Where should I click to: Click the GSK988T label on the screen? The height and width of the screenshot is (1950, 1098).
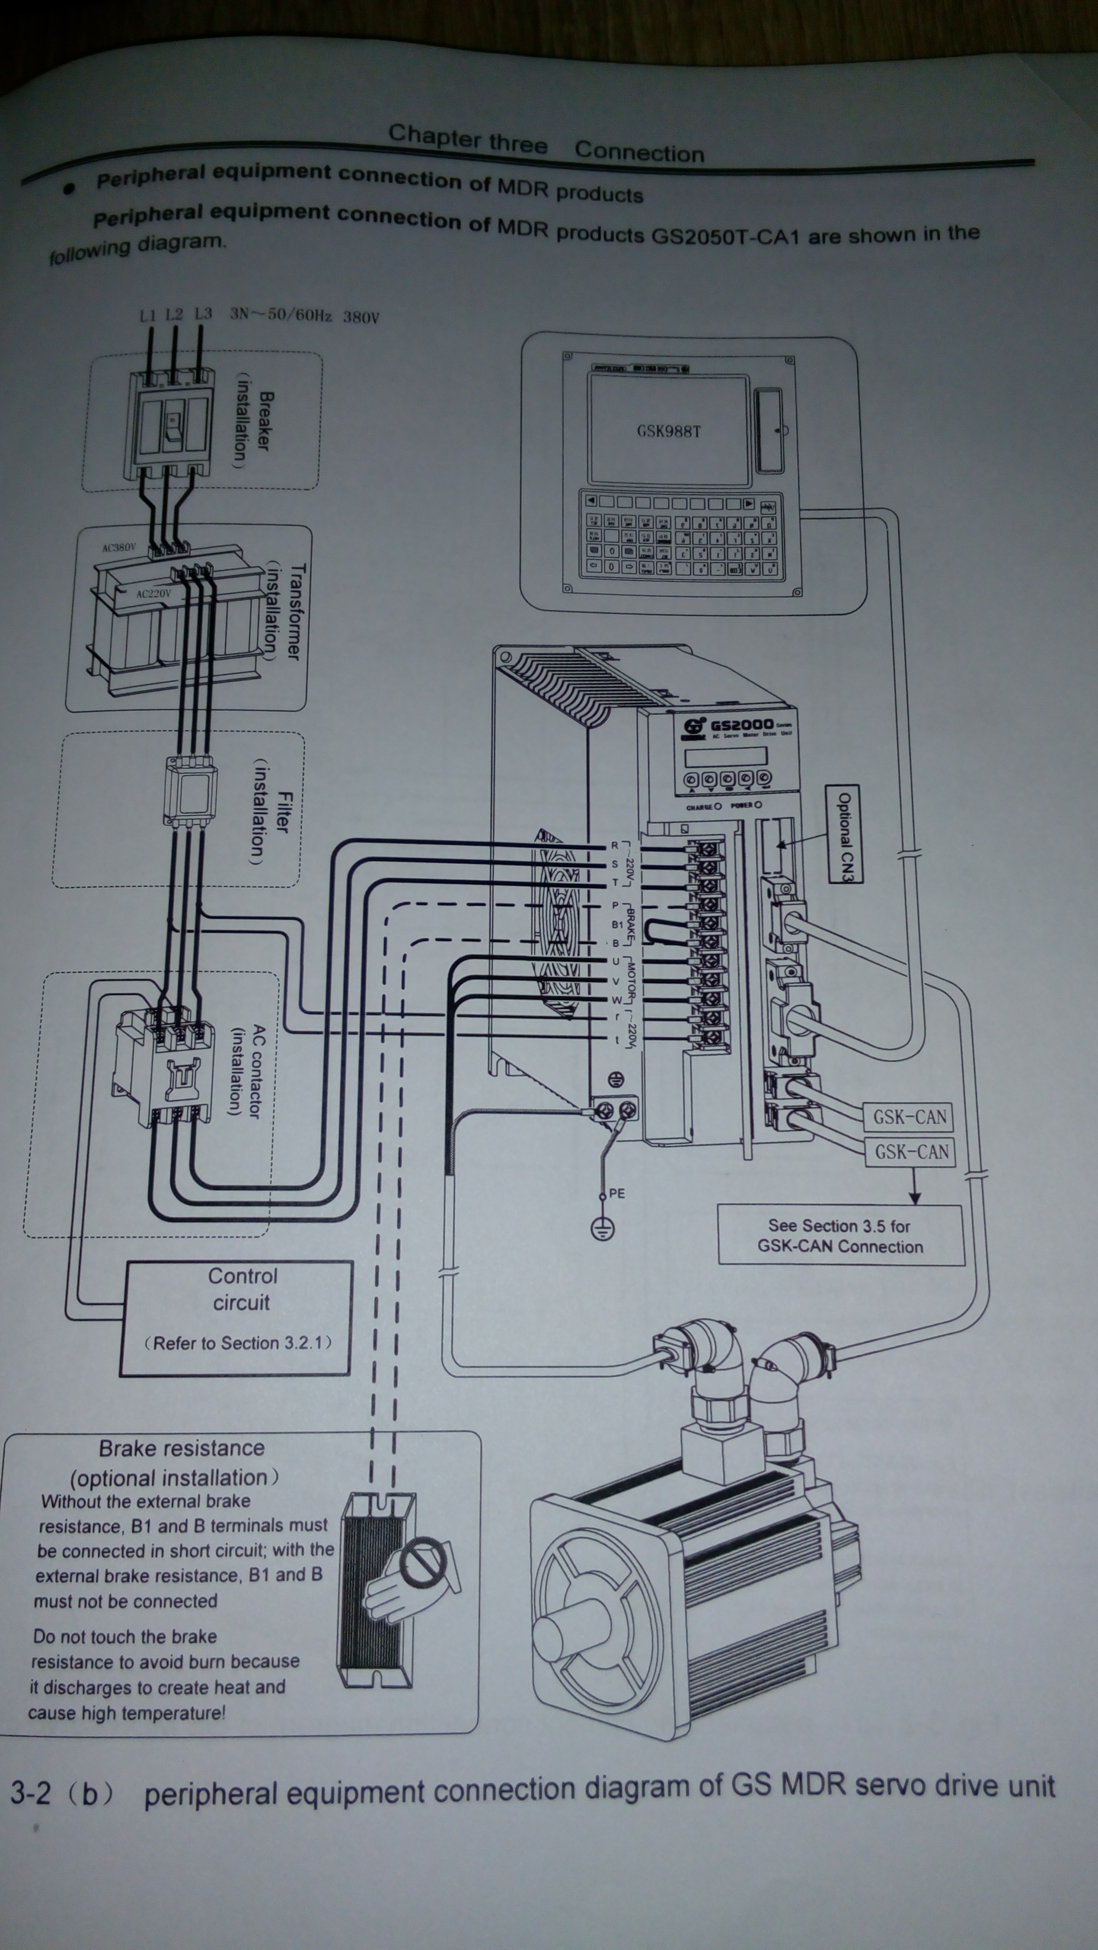tap(669, 431)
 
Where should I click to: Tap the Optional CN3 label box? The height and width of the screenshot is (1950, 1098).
tap(845, 834)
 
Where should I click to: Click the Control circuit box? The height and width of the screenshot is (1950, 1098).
tap(236, 1317)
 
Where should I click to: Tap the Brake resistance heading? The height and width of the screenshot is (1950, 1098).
tap(182, 1448)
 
